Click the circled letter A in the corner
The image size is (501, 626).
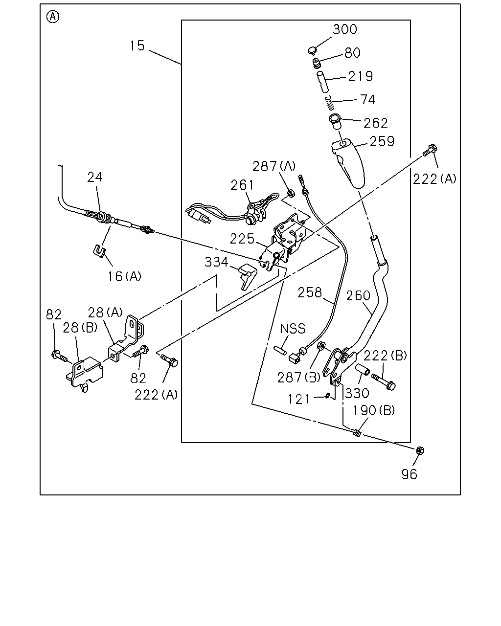[x=53, y=17]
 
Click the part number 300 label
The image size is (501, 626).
[x=344, y=29]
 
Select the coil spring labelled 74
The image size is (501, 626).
[x=329, y=103]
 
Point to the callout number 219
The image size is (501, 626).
[x=361, y=76]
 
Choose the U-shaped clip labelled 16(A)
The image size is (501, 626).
[x=99, y=251]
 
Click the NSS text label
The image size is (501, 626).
[x=293, y=329]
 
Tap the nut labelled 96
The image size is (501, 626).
[x=420, y=450]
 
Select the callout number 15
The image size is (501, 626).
[x=137, y=45]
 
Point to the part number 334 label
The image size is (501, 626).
[x=216, y=262]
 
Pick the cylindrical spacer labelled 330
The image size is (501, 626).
[x=363, y=369]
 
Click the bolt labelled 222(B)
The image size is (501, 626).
[x=384, y=381]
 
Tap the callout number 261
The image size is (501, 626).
[x=242, y=185]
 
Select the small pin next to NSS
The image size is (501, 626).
[x=280, y=350]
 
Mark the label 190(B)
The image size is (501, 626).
[x=374, y=410]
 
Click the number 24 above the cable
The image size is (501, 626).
[x=95, y=177]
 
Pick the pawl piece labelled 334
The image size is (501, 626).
[x=248, y=276]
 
